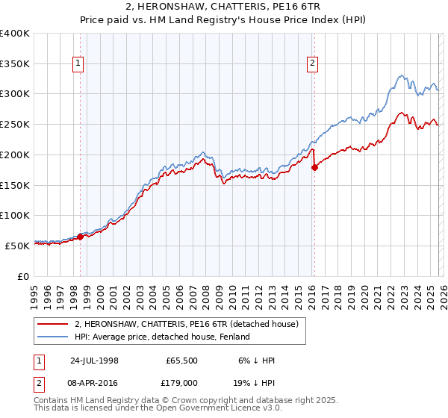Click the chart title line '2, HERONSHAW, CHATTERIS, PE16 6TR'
[x=223, y=7]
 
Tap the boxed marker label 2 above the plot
[x=313, y=64]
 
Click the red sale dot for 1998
[x=81, y=237]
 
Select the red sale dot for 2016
[x=314, y=167]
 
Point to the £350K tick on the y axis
[x=16, y=64]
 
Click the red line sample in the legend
[x=53, y=324]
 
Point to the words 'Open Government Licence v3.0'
[x=217, y=409]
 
